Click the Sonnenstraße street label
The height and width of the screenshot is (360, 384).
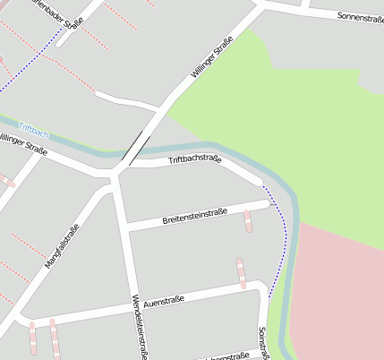360,17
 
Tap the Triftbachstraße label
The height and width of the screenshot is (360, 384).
194,159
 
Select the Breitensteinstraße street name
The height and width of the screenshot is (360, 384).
194,216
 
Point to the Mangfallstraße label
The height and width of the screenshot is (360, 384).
62,245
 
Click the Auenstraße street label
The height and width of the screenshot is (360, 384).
163,301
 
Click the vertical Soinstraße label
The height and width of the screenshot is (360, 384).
263,342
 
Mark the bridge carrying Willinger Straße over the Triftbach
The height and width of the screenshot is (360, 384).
135,147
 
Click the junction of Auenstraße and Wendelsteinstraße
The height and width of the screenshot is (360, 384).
134,305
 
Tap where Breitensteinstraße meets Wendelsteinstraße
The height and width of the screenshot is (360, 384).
126,227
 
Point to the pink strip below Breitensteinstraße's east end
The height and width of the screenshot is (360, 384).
248,220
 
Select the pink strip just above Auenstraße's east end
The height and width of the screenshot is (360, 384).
241,273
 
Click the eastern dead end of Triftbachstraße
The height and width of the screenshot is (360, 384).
260,181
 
